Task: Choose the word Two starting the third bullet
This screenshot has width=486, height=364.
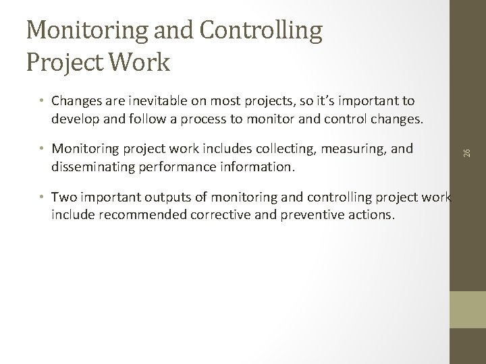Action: [63, 196]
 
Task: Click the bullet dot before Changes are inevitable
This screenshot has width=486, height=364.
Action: [42, 101]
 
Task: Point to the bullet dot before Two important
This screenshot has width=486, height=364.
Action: [42, 197]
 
